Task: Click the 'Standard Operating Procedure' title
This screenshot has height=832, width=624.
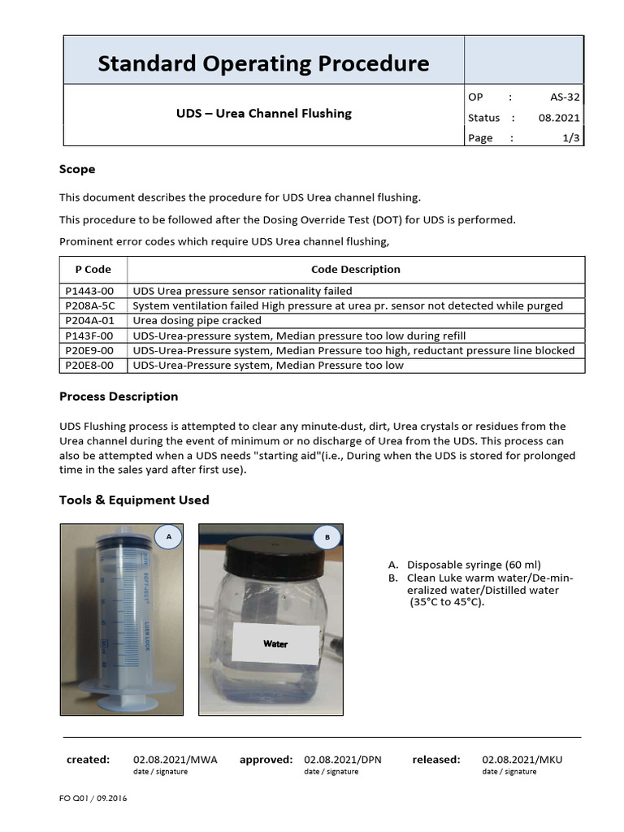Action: [263, 63]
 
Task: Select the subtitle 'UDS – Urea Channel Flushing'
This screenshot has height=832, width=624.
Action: [264, 114]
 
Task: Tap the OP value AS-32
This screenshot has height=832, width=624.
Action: [563, 97]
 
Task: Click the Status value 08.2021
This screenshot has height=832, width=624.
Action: [559, 118]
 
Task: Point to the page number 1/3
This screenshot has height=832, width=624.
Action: [571, 138]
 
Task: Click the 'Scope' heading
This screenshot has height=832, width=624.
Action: [77, 169]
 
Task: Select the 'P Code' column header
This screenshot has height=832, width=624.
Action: [93, 269]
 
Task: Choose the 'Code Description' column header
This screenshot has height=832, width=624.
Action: [355, 269]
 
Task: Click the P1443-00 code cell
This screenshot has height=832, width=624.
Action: [89, 291]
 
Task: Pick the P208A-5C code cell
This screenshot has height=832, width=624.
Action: [90, 305]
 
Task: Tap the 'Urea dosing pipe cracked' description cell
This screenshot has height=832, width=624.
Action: [197, 321]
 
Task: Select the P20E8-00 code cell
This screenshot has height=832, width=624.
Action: [89, 366]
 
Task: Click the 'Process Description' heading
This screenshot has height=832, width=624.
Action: [119, 396]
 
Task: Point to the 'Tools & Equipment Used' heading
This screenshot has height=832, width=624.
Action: [134, 500]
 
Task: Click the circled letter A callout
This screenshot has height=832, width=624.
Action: [168, 537]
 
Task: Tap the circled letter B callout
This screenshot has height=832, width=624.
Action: [327, 537]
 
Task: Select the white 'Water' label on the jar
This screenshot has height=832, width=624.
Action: [275, 643]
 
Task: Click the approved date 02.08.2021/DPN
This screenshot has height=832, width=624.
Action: [342, 760]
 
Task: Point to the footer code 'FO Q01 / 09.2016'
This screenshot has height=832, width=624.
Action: [93, 798]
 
